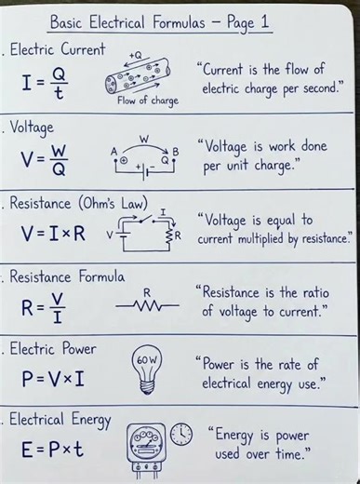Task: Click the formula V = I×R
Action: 54,234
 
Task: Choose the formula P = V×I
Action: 54,379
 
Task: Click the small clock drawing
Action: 181,435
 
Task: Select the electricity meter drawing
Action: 147,447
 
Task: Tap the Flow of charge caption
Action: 147,101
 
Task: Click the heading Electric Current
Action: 59,49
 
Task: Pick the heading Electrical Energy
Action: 61,420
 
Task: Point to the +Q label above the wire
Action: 137,55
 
